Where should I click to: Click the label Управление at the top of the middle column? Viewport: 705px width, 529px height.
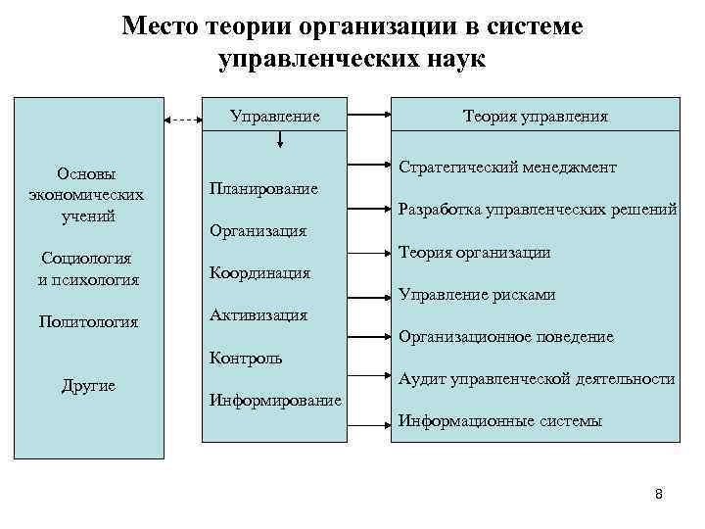274,117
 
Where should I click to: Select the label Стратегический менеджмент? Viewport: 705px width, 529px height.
507,168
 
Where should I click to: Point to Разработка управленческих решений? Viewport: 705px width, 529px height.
538,210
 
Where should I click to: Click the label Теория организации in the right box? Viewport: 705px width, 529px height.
474,253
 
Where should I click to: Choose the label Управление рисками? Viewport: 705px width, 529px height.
477,295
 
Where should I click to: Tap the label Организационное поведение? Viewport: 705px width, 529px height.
506,337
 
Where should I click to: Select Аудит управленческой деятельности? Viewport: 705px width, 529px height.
537,379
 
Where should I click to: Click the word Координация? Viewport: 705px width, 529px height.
260,273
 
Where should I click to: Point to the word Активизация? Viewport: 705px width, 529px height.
258,315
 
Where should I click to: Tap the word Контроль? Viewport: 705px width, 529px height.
247,358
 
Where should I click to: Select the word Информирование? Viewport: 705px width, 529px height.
276,400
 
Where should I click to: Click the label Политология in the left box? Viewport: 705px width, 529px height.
88,322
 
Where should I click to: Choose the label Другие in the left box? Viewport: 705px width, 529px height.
88,386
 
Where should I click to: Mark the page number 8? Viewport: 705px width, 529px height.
659,495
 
